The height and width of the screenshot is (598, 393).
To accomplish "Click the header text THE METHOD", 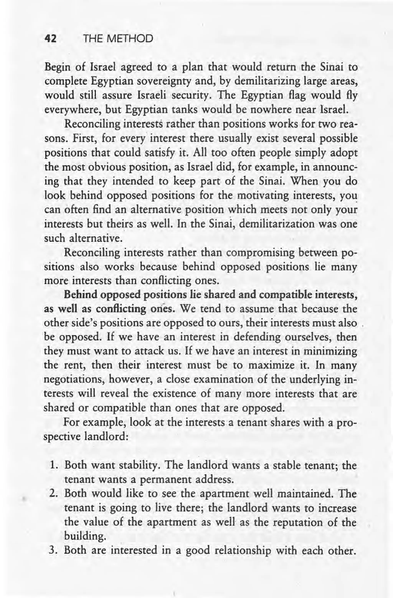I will coord(118,39).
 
